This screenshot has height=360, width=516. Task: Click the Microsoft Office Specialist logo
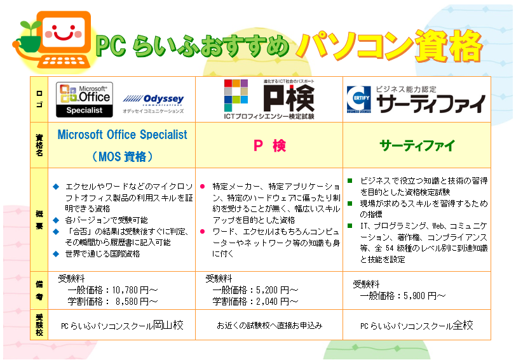tap(85, 100)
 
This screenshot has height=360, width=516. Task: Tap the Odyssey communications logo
tap(153, 103)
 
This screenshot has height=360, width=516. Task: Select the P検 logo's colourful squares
tap(236, 95)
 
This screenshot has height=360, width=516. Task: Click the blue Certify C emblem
tap(358, 99)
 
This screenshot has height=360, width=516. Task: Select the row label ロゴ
tap(39, 99)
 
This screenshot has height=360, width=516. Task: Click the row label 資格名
tap(39, 145)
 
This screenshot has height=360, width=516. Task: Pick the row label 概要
tap(39, 220)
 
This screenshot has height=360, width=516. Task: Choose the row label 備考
tap(39, 290)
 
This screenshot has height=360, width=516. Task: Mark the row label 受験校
tap(39, 325)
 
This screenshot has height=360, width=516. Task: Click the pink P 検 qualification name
tap(269, 145)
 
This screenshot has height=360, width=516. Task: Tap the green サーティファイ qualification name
tap(418, 145)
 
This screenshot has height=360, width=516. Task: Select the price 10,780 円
tap(130, 290)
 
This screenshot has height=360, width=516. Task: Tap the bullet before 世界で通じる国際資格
tap(56, 254)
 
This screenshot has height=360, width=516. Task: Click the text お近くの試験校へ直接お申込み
tap(269, 325)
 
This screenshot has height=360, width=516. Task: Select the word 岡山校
tap(168, 325)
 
